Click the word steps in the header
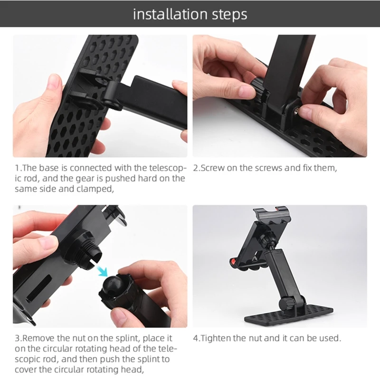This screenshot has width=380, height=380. (x=230, y=15)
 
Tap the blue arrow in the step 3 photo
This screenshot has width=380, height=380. (x=102, y=270)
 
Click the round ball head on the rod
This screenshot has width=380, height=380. (x=112, y=285)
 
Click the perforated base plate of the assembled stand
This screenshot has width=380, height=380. (x=289, y=315)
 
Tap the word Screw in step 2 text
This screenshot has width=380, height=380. (x=212, y=168)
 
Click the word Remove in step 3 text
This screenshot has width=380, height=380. (x=38, y=338)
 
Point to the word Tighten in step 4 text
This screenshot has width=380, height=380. (x=216, y=338)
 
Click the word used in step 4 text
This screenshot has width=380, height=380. (x=329, y=338)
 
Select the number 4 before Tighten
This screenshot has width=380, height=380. (x=196, y=338)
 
